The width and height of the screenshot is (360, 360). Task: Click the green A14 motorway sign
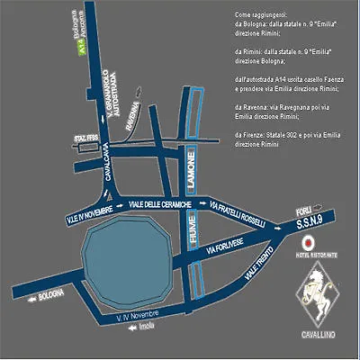[x=82, y=51]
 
